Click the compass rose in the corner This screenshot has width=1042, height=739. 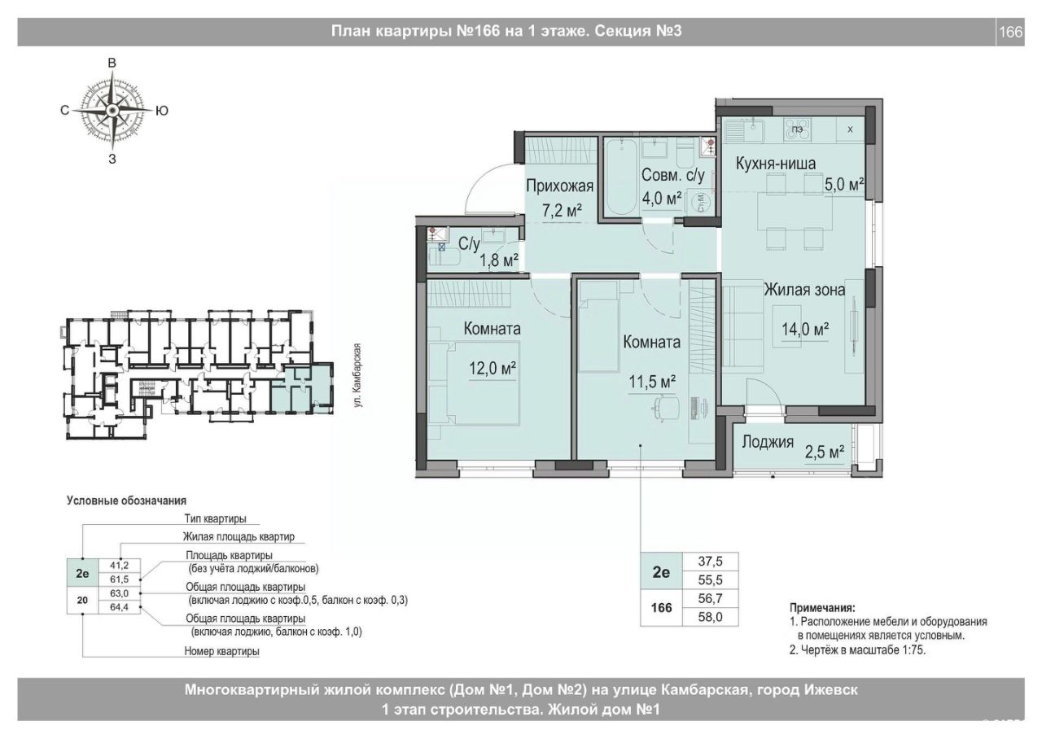(112, 110)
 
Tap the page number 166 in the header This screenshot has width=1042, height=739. (1011, 32)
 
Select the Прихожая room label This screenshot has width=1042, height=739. (559, 186)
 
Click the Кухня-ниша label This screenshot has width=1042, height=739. (776, 164)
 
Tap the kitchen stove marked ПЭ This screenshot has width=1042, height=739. (799, 129)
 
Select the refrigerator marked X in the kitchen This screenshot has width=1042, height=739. (851, 129)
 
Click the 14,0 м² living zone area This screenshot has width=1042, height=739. (805, 330)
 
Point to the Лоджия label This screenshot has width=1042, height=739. (768, 442)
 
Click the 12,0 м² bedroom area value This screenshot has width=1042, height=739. (493, 369)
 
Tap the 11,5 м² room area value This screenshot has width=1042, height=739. (652, 382)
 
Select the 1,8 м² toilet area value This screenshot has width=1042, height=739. (499, 260)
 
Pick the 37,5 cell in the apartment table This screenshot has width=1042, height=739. (711, 562)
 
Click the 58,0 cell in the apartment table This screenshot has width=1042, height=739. (711, 617)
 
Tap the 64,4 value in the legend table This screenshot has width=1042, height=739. (119, 607)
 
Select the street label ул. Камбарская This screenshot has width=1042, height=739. (357, 375)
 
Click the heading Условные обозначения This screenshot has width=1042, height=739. (126, 501)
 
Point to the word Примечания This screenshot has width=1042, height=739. (822, 607)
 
